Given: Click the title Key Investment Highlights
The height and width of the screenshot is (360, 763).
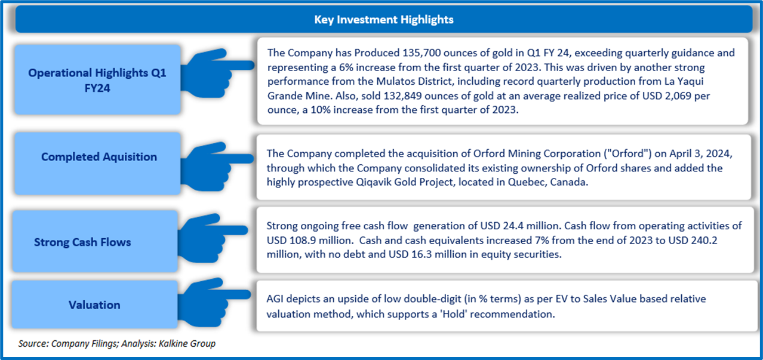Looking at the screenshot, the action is (383, 20).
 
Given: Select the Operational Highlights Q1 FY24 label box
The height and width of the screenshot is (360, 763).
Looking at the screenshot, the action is (97, 79).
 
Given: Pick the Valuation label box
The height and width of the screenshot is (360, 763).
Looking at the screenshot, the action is (95, 304).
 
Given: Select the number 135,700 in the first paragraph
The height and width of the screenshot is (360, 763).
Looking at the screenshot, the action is (422, 53).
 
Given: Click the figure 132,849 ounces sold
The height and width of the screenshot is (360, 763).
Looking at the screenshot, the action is (402, 96).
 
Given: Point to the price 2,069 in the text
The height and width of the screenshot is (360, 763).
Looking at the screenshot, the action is (678, 96).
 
